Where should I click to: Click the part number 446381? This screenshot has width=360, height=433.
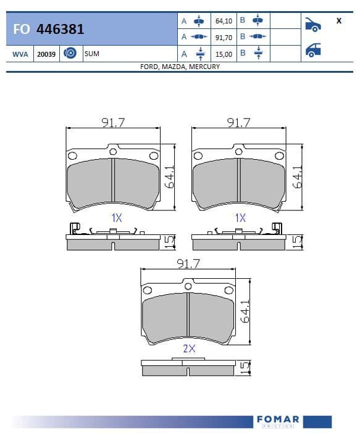tap(60, 29)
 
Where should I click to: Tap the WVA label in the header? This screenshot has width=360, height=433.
tap(20, 54)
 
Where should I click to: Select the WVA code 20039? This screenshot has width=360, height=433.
tap(46, 54)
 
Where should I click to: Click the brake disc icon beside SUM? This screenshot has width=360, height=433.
tap(70, 53)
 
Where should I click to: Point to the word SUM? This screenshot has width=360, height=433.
tap(92, 54)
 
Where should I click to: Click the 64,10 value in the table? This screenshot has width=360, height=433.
tap(224, 21)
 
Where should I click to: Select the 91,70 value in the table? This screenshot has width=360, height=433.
tap(224, 38)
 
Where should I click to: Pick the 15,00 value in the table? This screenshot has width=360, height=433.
tap(224, 54)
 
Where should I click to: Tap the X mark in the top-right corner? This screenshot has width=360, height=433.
tap(339, 21)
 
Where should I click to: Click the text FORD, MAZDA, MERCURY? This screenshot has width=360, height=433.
tap(180, 67)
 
